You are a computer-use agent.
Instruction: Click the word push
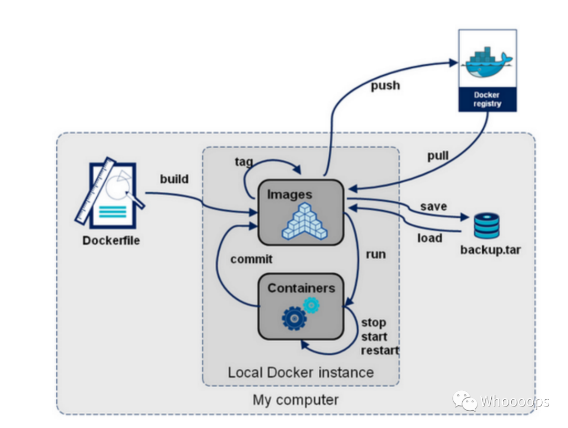tap(385, 85)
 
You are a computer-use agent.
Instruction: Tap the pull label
tap(438, 156)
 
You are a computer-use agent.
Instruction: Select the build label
tap(174, 179)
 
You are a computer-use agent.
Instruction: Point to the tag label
tap(244, 161)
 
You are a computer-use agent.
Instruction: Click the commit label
tap(251, 259)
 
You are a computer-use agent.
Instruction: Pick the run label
tap(376, 255)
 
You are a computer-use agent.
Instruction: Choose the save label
tap(433, 206)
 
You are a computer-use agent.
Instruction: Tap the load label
tap(430, 238)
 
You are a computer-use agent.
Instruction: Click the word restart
tap(380, 350)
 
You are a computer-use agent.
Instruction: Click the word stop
tap(373, 322)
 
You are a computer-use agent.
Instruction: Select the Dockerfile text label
tap(111, 241)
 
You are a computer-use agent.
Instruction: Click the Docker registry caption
tap(487, 99)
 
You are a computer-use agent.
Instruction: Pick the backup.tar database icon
tap(486, 225)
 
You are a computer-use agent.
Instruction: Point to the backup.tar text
tap(490, 249)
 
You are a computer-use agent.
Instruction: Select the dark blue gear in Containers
tap(293, 318)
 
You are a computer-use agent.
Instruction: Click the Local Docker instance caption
tap(300, 372)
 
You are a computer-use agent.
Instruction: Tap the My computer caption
tap(296, 400)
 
